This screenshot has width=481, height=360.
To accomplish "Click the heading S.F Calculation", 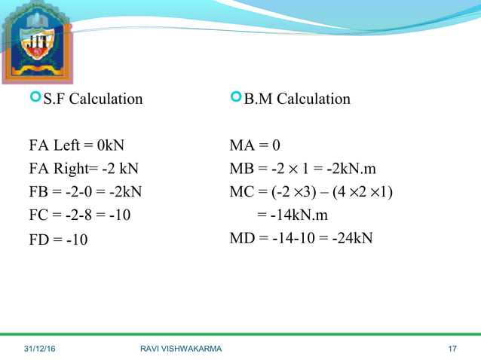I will coord(93,99).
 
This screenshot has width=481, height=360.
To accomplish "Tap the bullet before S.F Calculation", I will coord(35,98).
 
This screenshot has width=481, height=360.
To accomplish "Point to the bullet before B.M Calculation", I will coord(237,98).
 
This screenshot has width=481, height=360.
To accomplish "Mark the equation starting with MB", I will coord(303,169).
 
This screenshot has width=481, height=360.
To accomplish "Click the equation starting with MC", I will coord(311,192).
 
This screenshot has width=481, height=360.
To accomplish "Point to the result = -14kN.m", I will coord(293,215).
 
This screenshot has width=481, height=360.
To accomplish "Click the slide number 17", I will coord(452,348).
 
